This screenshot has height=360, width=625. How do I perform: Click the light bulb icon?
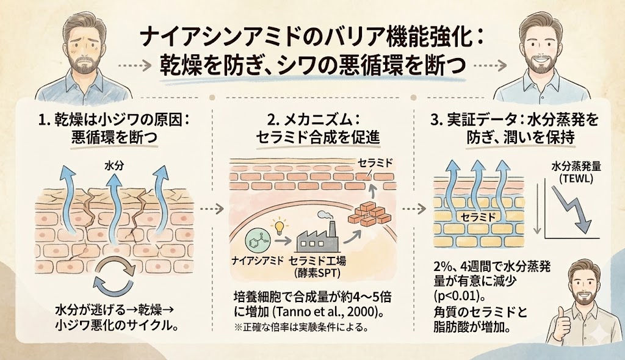pos(279,226)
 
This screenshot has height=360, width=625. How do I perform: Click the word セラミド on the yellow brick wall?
pos(477,217)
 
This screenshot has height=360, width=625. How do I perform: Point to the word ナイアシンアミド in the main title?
pos(204,37)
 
